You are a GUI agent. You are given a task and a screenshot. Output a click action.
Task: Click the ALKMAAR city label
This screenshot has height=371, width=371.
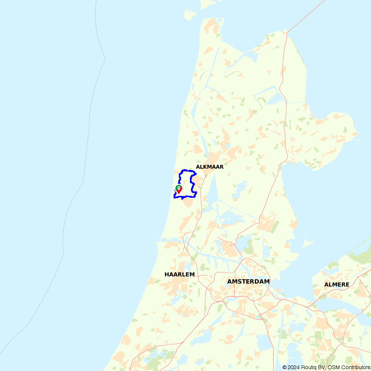(210, 167)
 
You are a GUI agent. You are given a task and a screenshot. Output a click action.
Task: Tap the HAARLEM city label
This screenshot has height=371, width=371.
(180, 275)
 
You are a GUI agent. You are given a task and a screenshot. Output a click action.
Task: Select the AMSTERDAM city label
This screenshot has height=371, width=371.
(248, 282)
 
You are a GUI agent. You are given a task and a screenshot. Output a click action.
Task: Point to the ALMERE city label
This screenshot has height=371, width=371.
(336, 285)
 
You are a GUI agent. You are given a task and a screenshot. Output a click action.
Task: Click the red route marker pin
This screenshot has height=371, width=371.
(179, 190)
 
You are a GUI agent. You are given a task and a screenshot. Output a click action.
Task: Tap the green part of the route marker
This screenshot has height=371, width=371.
(177, 187)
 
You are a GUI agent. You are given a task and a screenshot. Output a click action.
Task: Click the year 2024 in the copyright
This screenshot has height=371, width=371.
(294, 367)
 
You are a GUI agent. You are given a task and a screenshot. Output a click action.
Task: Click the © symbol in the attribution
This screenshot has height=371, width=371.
(285, 367)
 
